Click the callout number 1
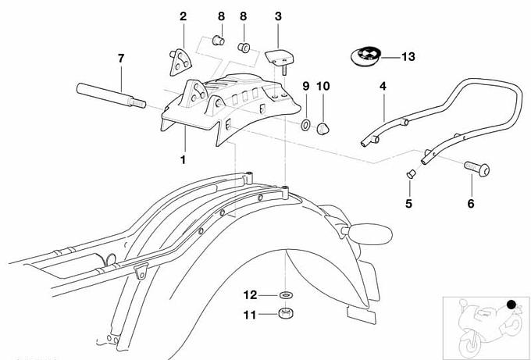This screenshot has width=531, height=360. click(182, 159)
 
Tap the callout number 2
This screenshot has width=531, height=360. click(183, 16)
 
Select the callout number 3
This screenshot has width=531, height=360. click(279, 16)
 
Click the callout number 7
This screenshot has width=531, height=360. click(120, 59)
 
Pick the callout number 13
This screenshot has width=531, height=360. click(409, 56)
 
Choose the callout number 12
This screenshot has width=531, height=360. click(251, 294)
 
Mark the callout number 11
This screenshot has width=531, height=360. click(251, 315)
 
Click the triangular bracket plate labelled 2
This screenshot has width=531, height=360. click(182, 59)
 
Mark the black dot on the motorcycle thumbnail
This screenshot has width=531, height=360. click(511, 304)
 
